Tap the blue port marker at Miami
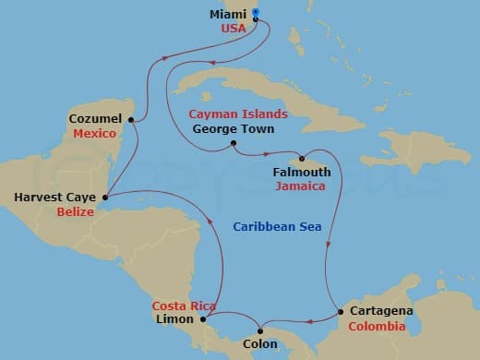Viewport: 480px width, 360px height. point(256,13)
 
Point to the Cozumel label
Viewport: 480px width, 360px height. point(95,120)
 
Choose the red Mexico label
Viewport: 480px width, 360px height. point(96,134)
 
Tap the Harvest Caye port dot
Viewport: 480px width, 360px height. point(106,197)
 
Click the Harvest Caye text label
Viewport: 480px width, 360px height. point(56,197)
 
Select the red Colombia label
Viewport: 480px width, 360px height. point(376,326)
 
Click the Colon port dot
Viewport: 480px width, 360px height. point(261,331)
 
